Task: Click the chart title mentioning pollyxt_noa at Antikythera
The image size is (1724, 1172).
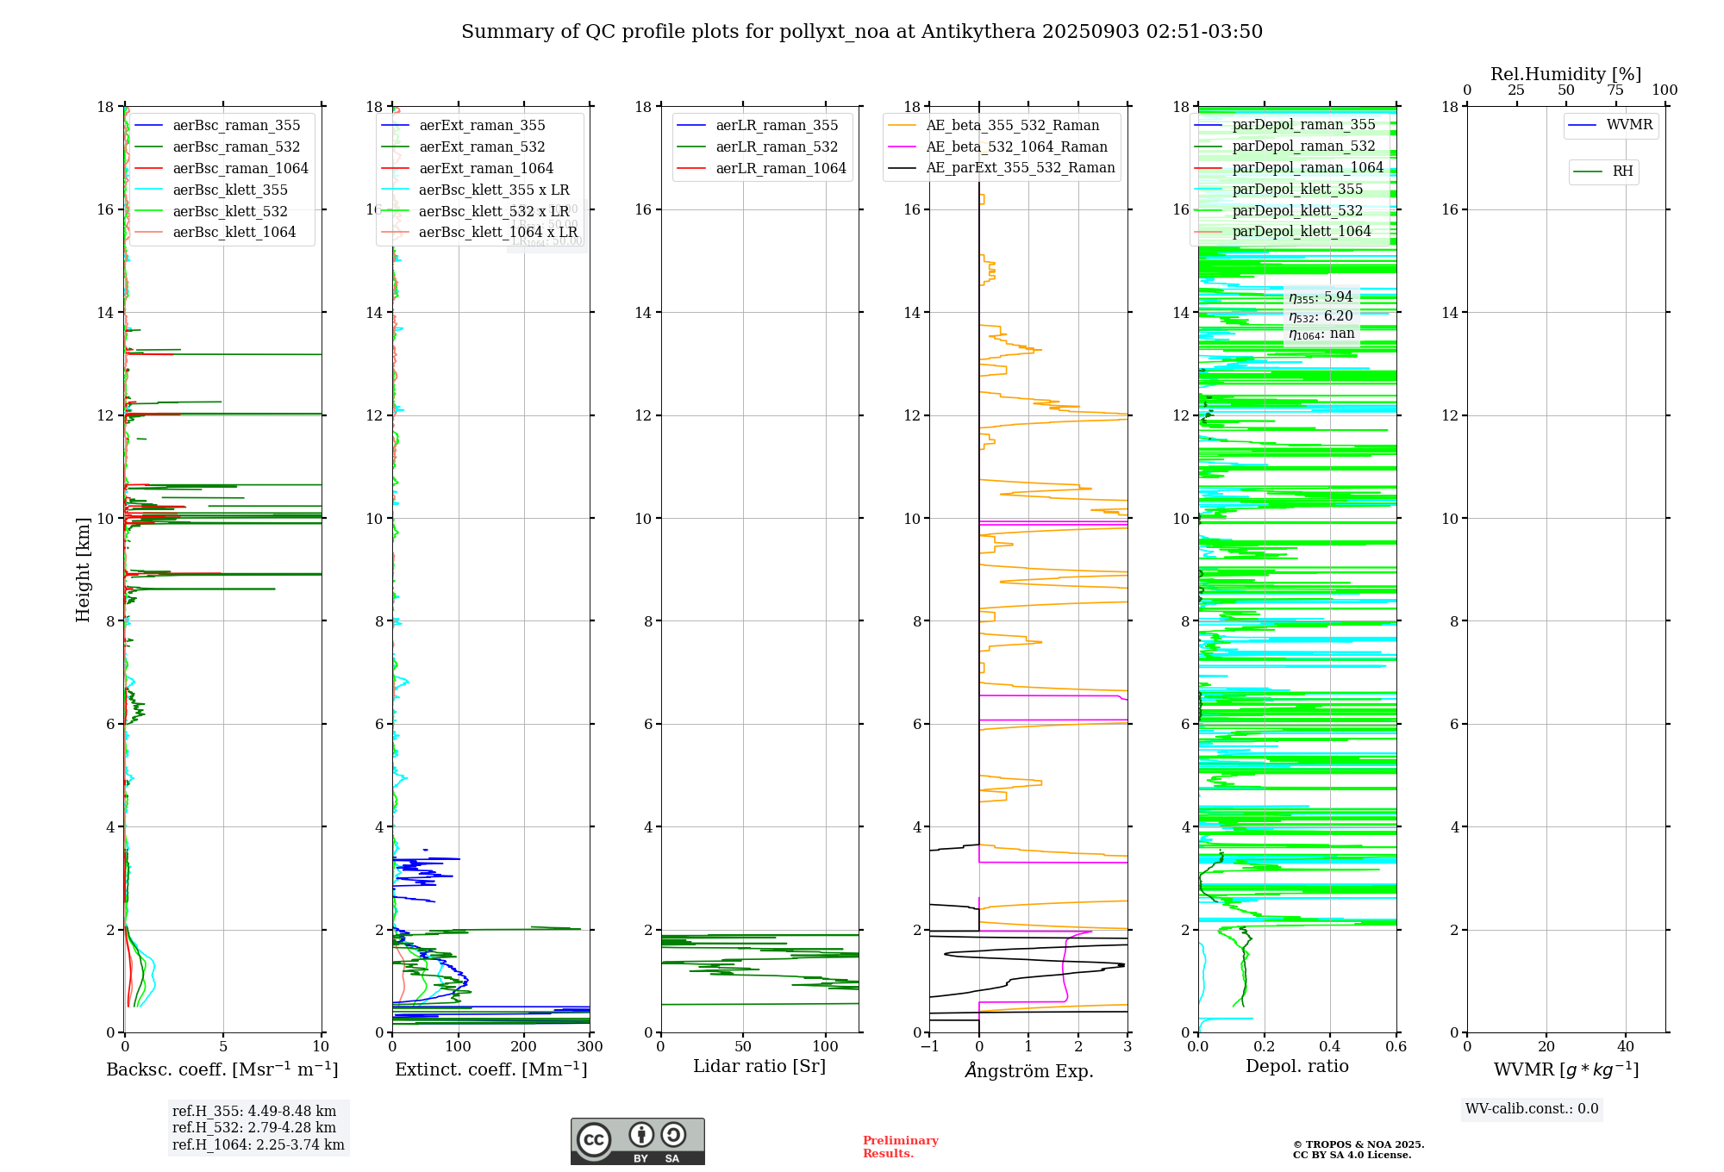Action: click(862, 32)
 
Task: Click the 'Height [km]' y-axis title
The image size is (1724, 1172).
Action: click(83, 569)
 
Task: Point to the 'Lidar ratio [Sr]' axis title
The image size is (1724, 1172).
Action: click(759, 1066)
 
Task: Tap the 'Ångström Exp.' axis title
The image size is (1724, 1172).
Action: click(1029, 1070)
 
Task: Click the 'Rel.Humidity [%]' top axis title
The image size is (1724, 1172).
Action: click(1565, 74)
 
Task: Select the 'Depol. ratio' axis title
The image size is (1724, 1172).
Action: click(1297, 1066)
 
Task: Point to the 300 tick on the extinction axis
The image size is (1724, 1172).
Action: click(590, 1047)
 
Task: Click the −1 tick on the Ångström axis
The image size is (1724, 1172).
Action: click(929, 1047)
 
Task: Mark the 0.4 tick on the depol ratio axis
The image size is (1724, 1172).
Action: click(1330, 1047)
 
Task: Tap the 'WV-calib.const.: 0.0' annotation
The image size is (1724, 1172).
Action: click(1532, 1109)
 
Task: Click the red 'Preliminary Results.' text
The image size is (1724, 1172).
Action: click(900, 1147)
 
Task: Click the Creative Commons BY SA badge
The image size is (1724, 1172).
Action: click(637, 1142)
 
